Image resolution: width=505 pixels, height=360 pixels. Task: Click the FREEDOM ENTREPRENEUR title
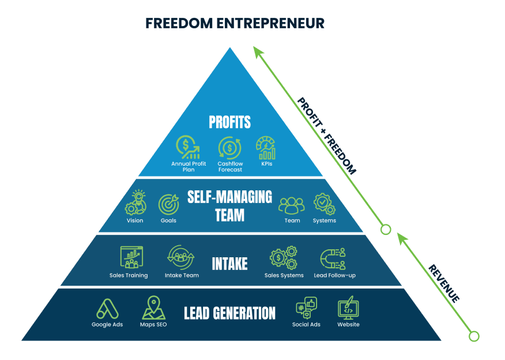pos(235,23)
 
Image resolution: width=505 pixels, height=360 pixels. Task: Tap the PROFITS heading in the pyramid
pos(230,122)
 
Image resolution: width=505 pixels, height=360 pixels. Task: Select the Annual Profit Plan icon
pos(189,148)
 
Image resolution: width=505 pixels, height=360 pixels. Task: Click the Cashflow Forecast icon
pos(229,148)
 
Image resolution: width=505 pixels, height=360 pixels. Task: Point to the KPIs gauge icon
pos(266,148)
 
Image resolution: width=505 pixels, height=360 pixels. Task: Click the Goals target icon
pos(168,204)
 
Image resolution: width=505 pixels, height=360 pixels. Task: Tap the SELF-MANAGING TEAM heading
pos(229,205)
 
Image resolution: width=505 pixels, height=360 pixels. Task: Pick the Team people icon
pos(292,204)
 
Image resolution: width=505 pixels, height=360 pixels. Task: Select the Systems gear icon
pos(324,204)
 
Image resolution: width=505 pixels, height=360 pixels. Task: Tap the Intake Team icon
pos(182,257)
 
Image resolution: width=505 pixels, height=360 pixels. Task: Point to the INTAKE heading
pos(229,264)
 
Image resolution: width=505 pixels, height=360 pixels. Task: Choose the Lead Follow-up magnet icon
pos(334,258)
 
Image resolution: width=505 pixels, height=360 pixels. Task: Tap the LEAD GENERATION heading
pos(229,313)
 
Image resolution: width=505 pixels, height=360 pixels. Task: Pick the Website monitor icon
pos(348,308)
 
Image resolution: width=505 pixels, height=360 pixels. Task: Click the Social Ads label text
pos(306,324)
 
